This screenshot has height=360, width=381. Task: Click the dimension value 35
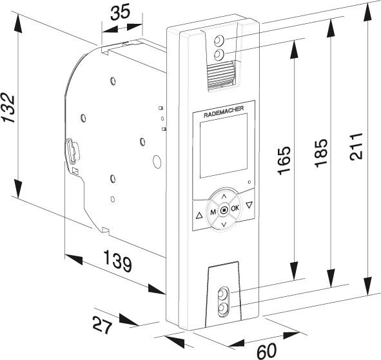(121, 13)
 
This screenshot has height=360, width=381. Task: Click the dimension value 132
(8, 108)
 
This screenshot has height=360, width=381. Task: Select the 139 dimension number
(118, 261)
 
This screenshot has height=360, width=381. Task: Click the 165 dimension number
(284, 160)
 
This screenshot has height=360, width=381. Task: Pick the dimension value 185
(321, 153)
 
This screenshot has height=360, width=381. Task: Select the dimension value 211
(357, 146)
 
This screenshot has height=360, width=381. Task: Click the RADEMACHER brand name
(224, 112)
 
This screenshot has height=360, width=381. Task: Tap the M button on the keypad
(213, 212)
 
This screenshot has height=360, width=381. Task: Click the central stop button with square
(224, 210)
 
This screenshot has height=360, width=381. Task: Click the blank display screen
(224, 146)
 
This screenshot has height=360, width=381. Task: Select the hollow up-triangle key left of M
(199, 216)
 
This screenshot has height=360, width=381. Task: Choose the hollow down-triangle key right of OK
(249, 205)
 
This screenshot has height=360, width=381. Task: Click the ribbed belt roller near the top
(220, 75)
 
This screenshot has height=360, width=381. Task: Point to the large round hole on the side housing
(157, 161)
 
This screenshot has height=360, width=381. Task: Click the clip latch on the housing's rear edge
(73, 151)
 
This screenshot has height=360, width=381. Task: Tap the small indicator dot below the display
(249, 182)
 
